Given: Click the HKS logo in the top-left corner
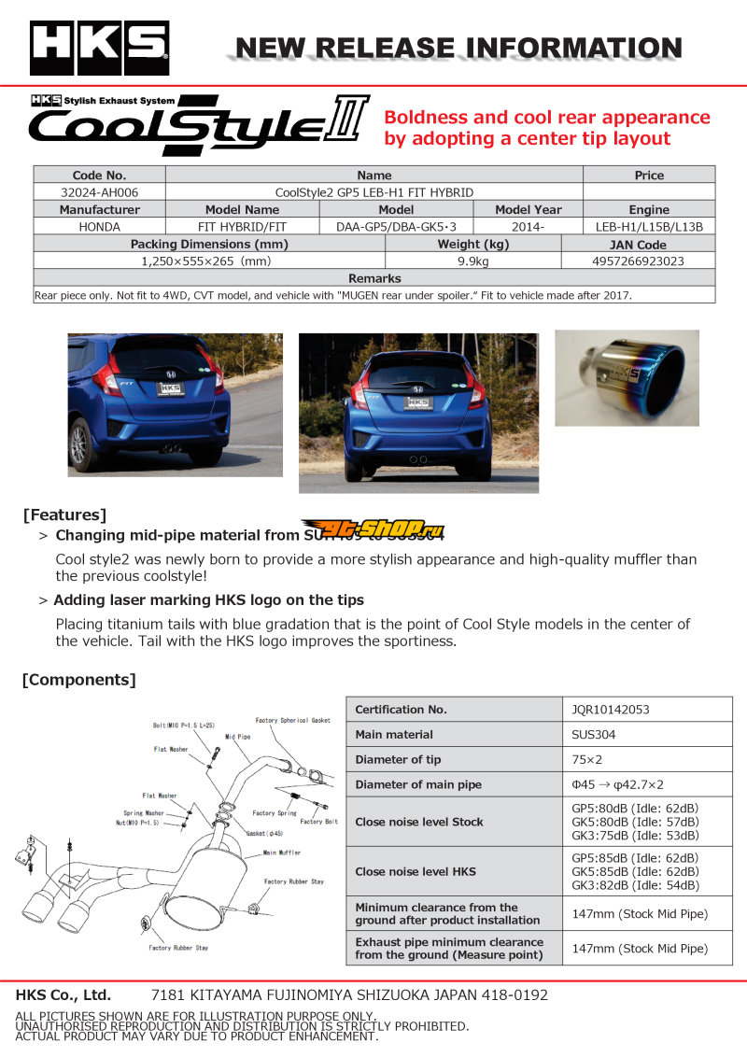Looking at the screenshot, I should pos(99,48).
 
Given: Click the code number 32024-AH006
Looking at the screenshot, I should pos(99,192).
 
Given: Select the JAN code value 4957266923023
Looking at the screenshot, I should pos(638,261).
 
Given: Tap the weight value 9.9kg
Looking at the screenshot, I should pos(472,261).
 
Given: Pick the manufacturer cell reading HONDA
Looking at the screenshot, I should pos(99,227).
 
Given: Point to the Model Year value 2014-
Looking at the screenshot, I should pos(529,227).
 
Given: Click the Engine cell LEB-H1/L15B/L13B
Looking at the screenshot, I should pos(649,227).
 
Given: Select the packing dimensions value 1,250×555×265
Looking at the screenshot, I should pos(205,261).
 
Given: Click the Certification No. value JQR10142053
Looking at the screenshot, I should pos(610,710).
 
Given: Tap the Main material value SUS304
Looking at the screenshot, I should pos(594,735).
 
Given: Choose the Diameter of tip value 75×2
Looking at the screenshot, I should pos(586,760).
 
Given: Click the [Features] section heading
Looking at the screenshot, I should pos(64,514).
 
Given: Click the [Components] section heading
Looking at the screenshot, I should pos(78,680).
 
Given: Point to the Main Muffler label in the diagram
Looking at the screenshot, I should pos(282,853).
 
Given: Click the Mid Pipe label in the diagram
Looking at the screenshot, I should pos(238,737).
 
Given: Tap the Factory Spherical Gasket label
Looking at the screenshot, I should pos(293,721).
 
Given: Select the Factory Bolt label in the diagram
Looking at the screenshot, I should pos(319,822).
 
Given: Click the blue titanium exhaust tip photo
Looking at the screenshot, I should pos(627,378).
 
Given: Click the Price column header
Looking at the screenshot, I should pos(649,176).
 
